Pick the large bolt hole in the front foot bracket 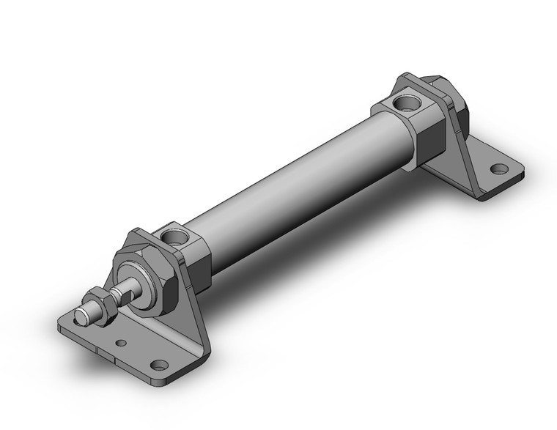(158, 363)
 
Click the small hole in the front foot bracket (121, 342)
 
